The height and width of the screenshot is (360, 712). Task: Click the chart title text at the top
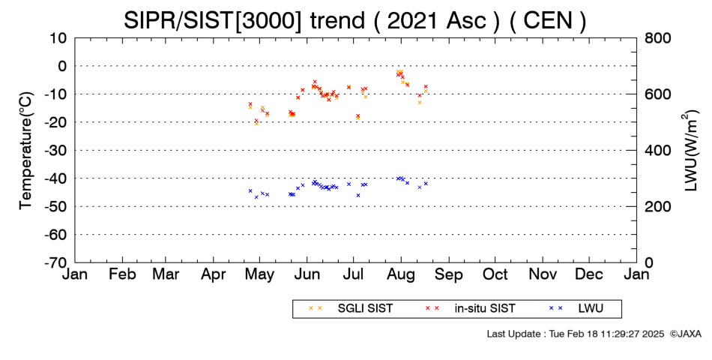coord(355,20)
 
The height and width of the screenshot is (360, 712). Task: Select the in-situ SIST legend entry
coord(470,309)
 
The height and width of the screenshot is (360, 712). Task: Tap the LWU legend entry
coord(576,309)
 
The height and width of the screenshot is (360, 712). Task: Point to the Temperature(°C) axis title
coord(26,151)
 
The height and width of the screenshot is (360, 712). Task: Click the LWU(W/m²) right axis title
coord(690,151)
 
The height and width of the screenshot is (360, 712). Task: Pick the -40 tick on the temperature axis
coord(55,178)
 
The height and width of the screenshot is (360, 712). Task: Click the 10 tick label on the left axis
coord(58,38)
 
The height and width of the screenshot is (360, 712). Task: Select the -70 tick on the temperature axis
coord(55,262)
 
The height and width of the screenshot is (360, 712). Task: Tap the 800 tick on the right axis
coord(657,38)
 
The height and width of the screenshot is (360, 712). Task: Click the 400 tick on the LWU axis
coord(657,151)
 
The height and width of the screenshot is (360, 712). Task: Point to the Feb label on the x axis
coord(122,274)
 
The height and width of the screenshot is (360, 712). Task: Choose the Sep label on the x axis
coord(449,274)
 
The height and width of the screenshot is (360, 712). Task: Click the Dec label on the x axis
coord(589,274)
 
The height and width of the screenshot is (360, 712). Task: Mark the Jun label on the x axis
coord(307,274)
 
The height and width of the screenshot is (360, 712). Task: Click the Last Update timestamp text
coord(576,334)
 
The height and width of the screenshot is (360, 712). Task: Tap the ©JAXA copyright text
coord(685,334)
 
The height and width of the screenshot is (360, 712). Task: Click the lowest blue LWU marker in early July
coord(357,196)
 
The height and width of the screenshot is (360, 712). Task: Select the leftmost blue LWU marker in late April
coord(250,191)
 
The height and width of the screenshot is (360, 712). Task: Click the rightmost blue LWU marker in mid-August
coord(426,184)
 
